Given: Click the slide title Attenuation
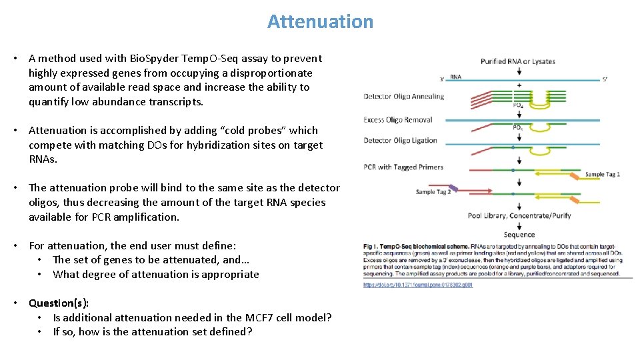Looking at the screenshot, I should point(320,21).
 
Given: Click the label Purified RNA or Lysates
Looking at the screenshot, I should point(517,61).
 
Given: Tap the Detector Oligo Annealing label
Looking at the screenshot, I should point(403,97).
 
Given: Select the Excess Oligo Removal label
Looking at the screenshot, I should point(398,120).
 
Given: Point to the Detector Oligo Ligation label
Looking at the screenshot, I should point(400,141).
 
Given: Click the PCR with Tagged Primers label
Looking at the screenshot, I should point(403,167).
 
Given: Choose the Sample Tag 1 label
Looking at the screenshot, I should point(603,175).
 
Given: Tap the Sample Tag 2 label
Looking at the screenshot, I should point(433,192).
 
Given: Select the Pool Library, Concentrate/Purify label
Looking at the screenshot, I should point(519,215).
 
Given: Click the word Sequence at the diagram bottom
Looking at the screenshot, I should point(519,235).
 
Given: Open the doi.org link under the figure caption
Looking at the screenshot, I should point(417,285).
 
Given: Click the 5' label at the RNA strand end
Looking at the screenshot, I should point(605,79).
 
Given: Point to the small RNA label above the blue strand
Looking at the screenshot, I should point(455,77).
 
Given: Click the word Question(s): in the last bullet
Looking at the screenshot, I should point(59,303).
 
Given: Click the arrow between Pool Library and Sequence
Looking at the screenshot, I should point(519,225).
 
